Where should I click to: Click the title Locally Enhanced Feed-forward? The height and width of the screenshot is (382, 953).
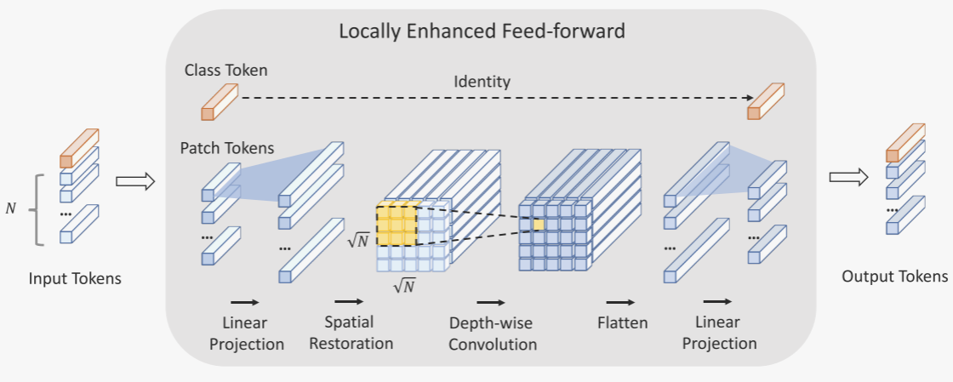click(x=482, y=31)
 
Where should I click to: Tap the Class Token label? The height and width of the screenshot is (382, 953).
click(x=225, y=70)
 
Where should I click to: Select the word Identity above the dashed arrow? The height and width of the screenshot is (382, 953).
click(x=482, y=82)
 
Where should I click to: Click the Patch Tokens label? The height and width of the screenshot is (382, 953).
click(x=227, y=148)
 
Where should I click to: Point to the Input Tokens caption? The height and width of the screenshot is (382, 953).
click(x=75, y=278)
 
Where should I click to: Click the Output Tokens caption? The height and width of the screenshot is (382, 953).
click(x=894, y=277)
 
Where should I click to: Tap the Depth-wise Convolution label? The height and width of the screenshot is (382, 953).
click(x=493, y=334)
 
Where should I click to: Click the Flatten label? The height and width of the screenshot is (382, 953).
click(x=622, y=322)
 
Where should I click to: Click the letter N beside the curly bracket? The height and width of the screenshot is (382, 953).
click(x=10, y=209)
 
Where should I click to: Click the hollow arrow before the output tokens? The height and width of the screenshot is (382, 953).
click(x=848, y=177)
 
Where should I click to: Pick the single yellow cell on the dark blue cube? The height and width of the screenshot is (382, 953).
click(x=539, y=224)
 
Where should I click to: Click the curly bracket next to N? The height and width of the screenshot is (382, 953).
click(x=35, y=209)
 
